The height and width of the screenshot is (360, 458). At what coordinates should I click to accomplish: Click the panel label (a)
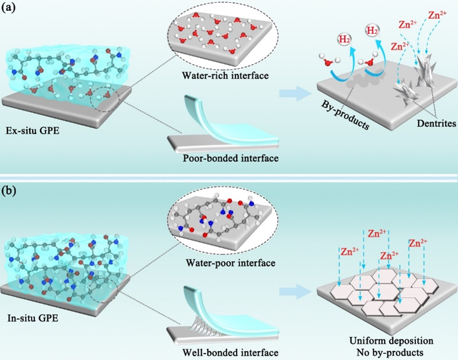tap(12, 10)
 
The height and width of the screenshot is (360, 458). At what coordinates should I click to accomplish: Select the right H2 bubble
tap(373, 31)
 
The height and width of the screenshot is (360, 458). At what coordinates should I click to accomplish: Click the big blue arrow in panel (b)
tap(295, 292)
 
